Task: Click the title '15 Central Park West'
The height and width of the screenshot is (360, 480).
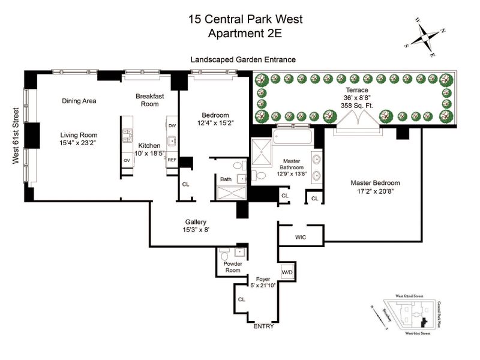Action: pos(245,19)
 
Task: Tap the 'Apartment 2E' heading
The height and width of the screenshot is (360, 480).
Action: pos(245,34)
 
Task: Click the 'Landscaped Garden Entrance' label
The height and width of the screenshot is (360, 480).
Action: pos(243,60)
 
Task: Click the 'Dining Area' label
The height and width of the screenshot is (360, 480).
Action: pos(79,101)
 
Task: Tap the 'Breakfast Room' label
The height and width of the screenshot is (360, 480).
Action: pos(150,100)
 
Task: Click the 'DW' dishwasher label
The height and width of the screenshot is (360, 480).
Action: pos(172,126)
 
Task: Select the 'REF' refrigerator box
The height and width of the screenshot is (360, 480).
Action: pos(172,160)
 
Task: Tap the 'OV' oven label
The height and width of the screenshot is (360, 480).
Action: pos(127,161)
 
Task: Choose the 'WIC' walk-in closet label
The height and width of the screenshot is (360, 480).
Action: pos(301,238)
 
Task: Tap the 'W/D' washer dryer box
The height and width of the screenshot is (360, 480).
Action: pos(287,273)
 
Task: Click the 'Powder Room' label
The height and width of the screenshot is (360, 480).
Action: pos(232,267)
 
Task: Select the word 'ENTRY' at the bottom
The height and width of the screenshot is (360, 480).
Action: pos(264,326)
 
